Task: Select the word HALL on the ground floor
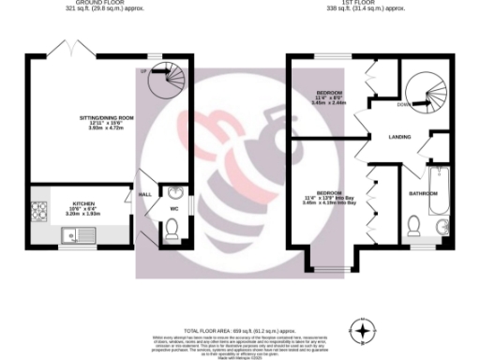146,194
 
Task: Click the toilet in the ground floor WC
171,229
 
